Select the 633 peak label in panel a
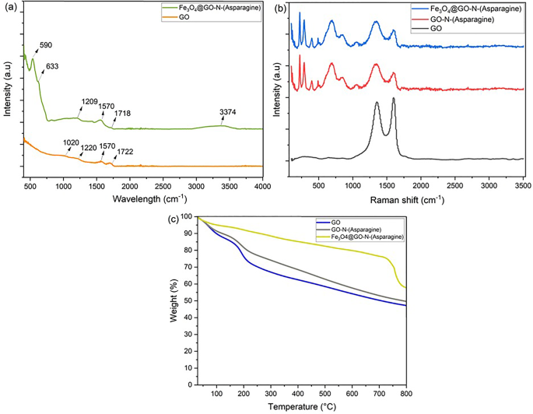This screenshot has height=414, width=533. tap(54, 68)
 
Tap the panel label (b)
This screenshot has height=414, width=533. tap(277, 7)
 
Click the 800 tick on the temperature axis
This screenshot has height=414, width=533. tap(405, 395)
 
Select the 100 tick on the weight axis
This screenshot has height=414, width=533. tap(186, 218)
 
